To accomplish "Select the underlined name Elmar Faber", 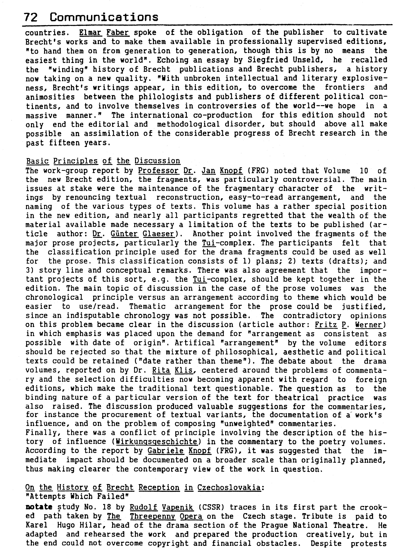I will coord(104,32).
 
